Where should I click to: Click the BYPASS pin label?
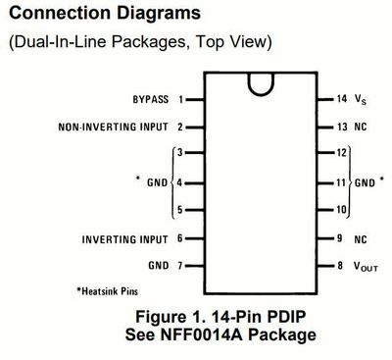151,99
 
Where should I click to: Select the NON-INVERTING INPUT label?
114,127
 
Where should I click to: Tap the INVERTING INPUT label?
124,239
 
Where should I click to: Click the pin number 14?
342,98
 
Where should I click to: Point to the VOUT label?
366,267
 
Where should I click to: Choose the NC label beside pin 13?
361,127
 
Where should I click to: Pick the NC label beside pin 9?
361,239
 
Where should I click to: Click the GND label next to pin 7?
159,265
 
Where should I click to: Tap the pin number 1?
181,99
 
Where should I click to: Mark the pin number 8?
340,266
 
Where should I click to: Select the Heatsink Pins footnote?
108,291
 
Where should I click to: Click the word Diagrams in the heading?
159,14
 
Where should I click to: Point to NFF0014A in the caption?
201,334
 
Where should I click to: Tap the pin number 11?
341,182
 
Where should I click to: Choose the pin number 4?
179,182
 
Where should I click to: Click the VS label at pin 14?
361,99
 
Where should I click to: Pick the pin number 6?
179,238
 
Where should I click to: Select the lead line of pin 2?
195,128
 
